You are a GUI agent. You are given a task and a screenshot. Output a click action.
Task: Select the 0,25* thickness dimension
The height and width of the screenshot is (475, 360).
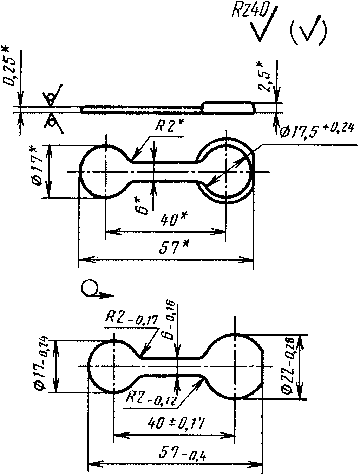[x=9, y=66]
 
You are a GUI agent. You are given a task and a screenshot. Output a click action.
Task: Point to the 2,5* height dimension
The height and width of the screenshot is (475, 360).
[x=263, y=78]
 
